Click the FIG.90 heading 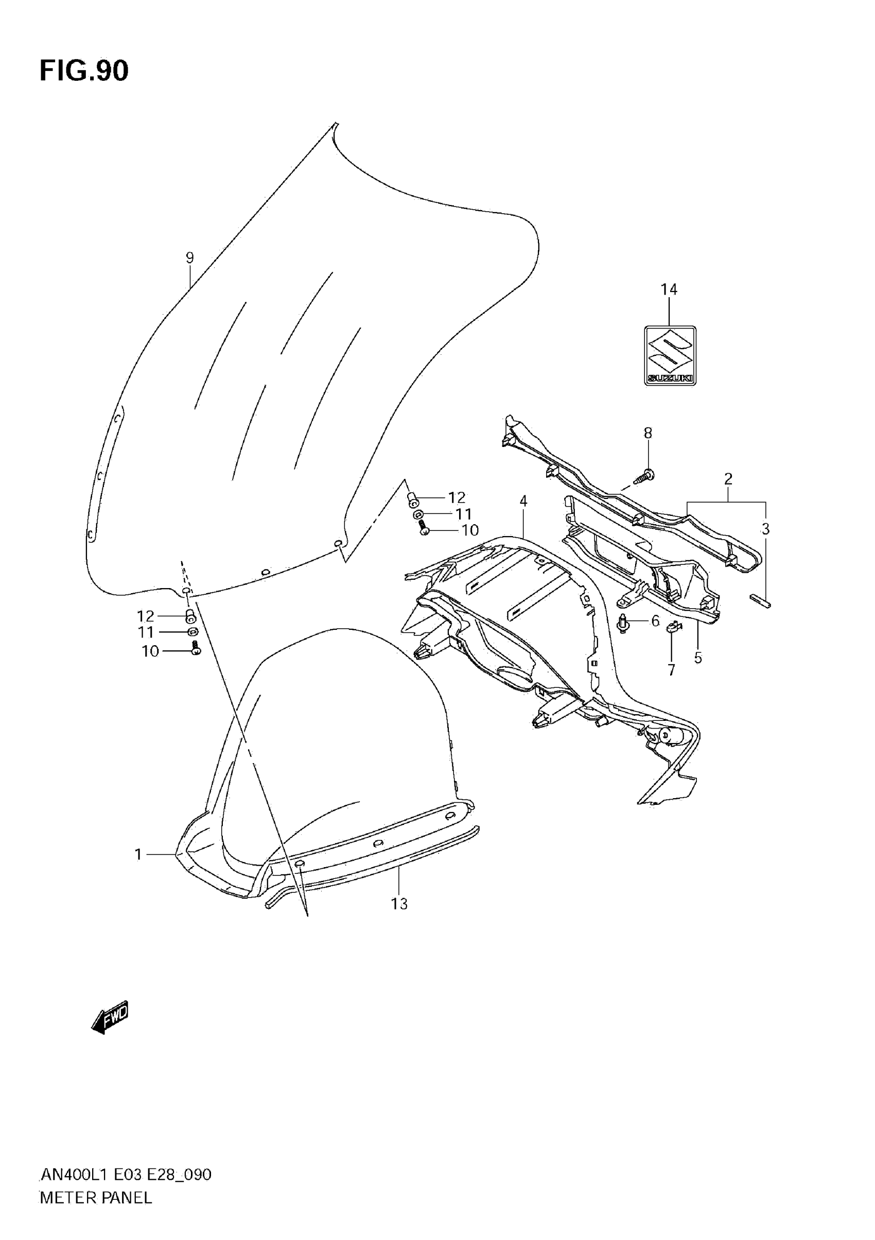(84, 71)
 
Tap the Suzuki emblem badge (670, 355)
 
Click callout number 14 (669, 289)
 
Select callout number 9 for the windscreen (189, 258)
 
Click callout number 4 (523, 501)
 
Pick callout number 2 (728, 478)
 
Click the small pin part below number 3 (760, 600)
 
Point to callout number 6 (655, 621)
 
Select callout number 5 (698, 658)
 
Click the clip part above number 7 (673, 627)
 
